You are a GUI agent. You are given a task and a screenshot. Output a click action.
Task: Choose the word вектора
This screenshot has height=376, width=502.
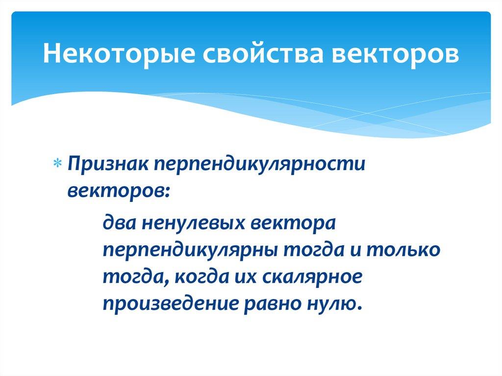tap(293, 224)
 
